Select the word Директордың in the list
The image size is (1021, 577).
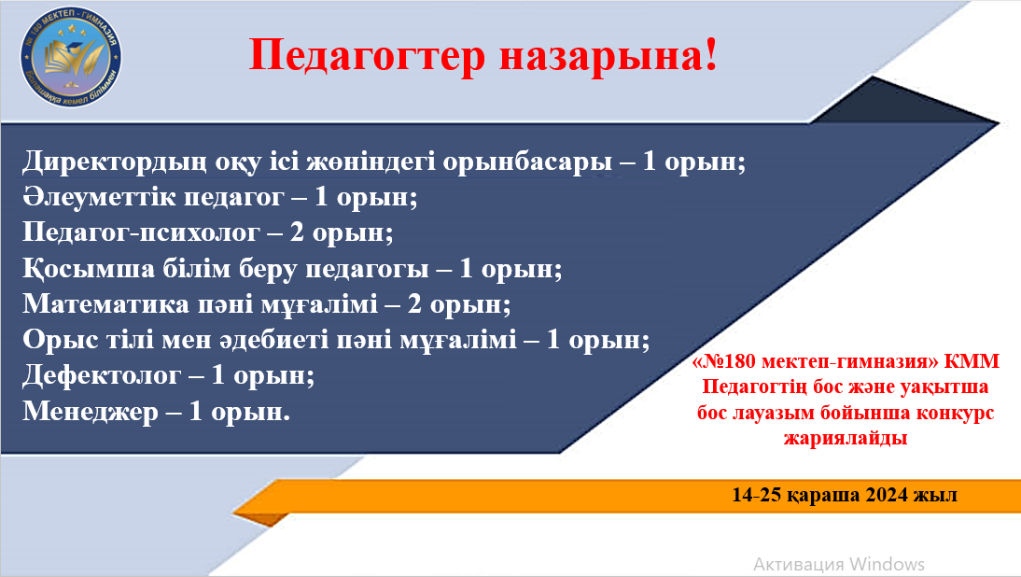111,161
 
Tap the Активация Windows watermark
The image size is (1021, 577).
838,564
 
